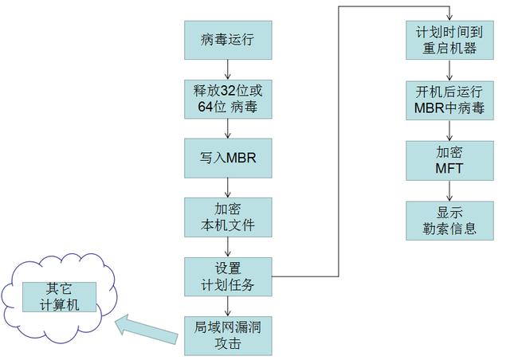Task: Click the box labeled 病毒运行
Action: pyautogui.click(x=228, y=39)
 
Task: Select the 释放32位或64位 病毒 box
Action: pyautogui.click(x=228, y=98)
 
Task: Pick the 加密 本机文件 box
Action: pyautogui.click(x=228, y=217)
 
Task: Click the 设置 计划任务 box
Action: pyautogui.click(x=228, y=276)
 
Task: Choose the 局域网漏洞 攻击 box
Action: pyautogui.click(x=228, y=335)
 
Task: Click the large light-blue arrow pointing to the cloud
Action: pyautogui.click(x=147, y=328)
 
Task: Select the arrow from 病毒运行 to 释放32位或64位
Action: pyautogui.click(x=228, y=68)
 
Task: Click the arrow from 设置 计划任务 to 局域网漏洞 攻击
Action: pyautogui.click(x=228, y=305)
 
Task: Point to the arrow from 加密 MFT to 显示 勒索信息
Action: pyautogui.click(x=450, y=190)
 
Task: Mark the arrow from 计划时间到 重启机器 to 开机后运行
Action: pyautogui.click(x=450, y=68)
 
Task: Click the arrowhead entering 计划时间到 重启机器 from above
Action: pyautogui.click(x=450, y=17)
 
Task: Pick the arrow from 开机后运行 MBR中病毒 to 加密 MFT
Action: pyautogui.click(x=450, y=129)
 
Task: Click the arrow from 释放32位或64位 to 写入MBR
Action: pyautogui.click(x=228, y=127)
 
